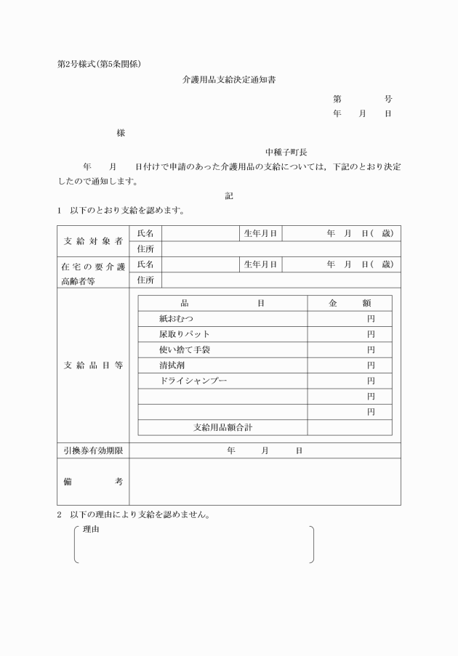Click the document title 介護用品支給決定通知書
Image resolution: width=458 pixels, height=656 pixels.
228,80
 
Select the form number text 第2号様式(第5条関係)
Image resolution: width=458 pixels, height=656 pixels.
99,63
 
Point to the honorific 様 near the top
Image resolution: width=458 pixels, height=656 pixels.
121,133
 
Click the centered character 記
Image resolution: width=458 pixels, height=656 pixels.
229,195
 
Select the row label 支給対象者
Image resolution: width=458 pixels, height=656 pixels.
93,241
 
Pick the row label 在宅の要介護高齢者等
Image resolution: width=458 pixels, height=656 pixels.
93,272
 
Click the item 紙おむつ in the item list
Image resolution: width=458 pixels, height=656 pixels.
177,318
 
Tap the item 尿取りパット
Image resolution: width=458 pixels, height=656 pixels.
185,334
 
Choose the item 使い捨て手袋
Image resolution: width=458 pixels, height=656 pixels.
185,349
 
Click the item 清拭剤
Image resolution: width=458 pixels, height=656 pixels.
172,365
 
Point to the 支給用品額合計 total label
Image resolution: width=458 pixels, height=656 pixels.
222,427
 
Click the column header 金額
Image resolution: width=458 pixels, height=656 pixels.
350,303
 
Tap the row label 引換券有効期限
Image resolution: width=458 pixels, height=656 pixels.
93,450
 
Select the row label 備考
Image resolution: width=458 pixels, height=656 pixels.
93,481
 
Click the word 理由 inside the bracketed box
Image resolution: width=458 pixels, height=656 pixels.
91,530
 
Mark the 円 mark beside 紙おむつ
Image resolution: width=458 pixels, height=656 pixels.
371,318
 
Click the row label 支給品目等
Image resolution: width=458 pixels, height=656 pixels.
93,365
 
